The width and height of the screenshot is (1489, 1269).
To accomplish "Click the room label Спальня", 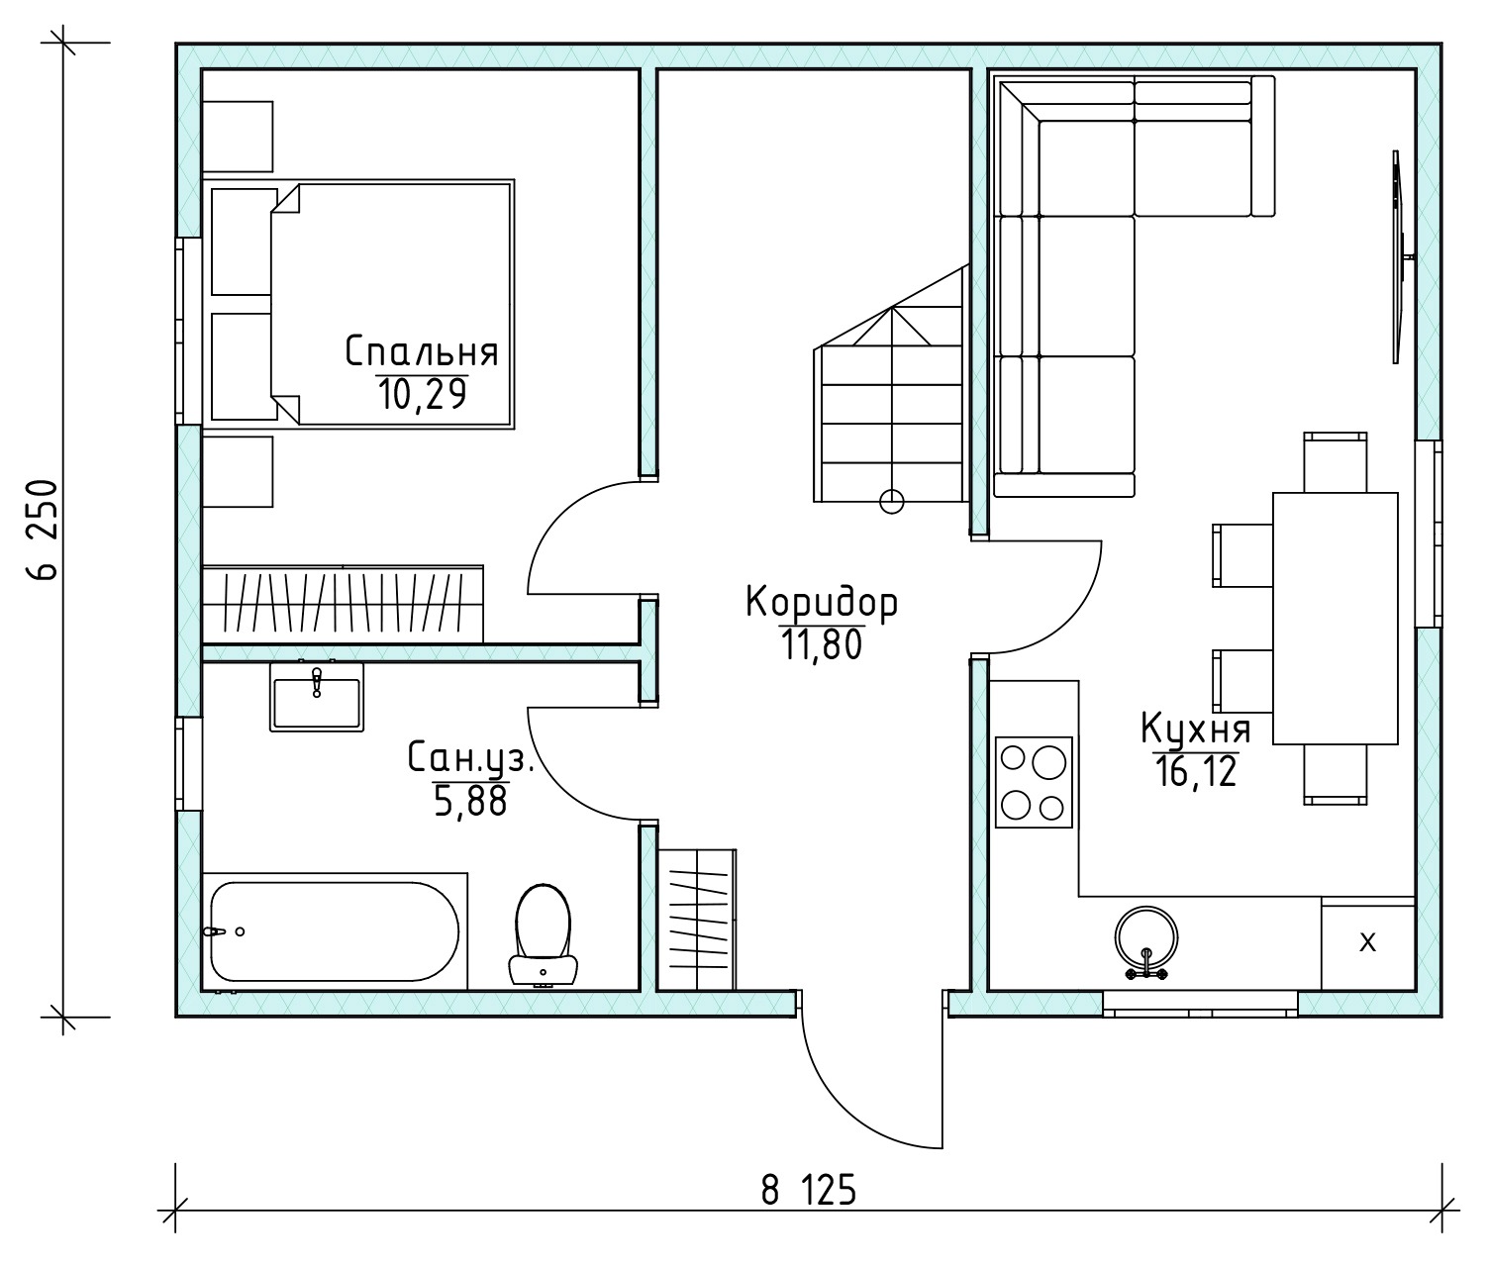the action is click(422, 351).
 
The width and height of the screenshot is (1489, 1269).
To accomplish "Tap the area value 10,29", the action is click(422, 394).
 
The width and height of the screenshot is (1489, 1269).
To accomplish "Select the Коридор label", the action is click(821, 603).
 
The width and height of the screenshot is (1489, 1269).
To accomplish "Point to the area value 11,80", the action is click(821, 644).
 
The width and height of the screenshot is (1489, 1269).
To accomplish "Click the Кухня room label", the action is click(1196, 729).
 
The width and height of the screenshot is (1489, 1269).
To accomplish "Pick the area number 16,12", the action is click(1196, 771).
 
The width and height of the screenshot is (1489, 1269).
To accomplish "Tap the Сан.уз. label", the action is click(470, 757).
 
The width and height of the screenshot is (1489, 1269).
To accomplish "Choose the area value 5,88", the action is click(470, 801).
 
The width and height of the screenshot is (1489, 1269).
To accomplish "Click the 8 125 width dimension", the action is click(808, 1190).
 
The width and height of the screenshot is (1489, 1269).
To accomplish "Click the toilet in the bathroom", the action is click(544, 934).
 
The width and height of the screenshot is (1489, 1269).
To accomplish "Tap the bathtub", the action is click(335, 931).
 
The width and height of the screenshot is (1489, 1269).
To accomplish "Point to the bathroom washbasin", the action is click(317, 697).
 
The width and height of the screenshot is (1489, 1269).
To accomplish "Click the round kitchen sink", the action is click(1146, 938).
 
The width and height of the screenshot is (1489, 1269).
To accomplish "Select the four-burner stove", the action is click(1034, 782).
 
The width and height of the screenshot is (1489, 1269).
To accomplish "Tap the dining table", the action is click(1335, 618).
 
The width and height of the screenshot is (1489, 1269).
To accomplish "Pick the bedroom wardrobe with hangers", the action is click(343, 604).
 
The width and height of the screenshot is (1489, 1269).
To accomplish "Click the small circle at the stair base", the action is click(892, 501).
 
